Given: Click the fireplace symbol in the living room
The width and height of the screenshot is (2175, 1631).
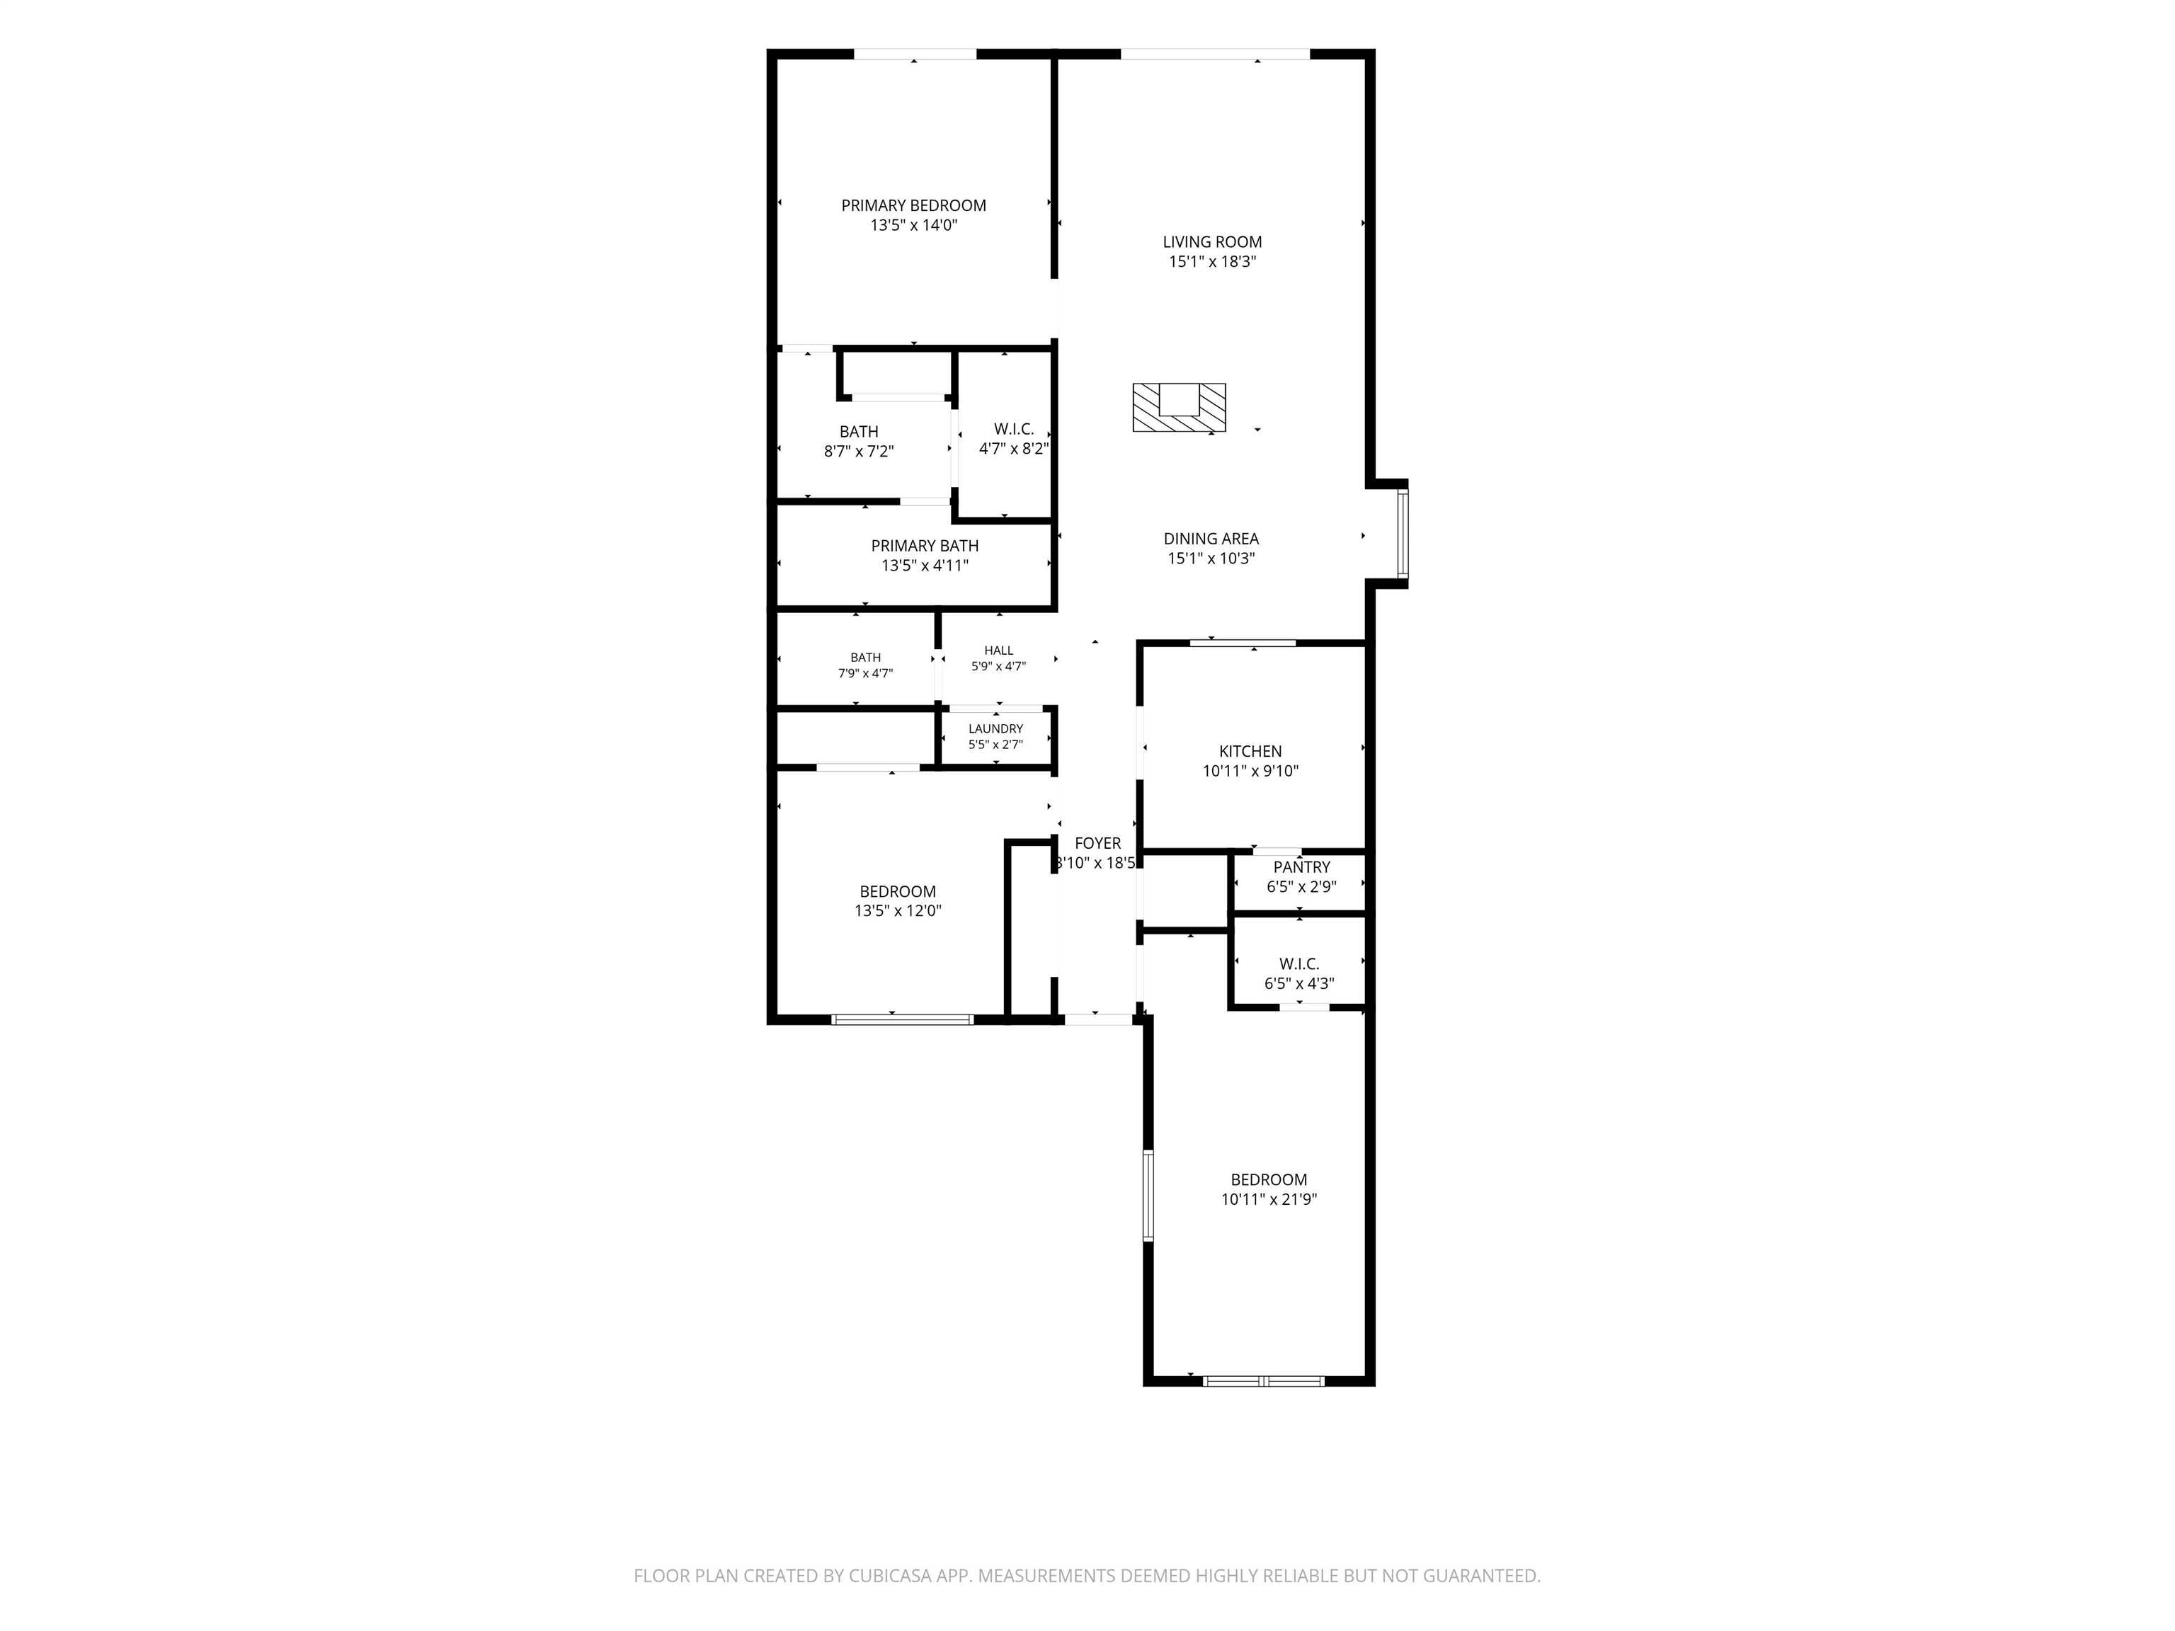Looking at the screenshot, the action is (x=1179, y=407).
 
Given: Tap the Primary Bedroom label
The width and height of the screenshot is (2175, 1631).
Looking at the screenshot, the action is (x=913, y=205).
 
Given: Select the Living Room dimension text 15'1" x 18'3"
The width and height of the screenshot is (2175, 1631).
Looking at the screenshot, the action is (x=1212, y=261).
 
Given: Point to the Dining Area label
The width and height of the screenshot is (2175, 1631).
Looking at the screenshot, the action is (x=1211, y=539).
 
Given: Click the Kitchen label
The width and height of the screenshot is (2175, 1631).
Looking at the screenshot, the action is (x=1251, y=751).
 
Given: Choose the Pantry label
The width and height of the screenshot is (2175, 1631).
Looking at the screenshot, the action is (x=1302, y=867).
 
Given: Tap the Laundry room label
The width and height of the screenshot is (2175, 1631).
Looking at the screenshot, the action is (x=996, y=728).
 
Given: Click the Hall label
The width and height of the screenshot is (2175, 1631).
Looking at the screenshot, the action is (x=999, y=650).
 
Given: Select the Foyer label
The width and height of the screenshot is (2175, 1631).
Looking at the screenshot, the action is (x=1097, y=844).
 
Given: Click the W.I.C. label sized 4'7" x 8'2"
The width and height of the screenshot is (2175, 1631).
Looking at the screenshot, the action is (x=1014, y=429).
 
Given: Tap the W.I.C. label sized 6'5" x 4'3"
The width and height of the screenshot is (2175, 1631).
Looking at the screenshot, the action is (x=1300, y=963).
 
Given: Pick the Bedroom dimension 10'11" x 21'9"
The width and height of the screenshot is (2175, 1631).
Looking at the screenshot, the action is (x=1269, y=1199).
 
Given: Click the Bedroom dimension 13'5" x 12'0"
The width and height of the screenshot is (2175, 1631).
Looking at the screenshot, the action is (x=898, y=910).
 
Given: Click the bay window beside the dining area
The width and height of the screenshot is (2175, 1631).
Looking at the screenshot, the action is (x=1403, y=534).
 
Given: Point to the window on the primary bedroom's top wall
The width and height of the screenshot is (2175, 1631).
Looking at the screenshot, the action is (x=915, y=54).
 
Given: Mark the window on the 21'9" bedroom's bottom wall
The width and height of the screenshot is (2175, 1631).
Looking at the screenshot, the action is (x=1265, y=1381).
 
